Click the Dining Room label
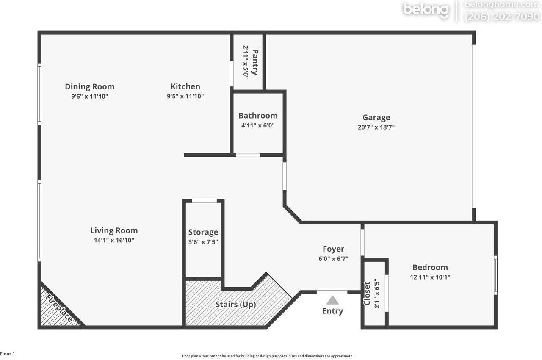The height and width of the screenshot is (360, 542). (89, 86)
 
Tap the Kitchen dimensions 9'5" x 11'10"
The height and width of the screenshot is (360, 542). (185, 96)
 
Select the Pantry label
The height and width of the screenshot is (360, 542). (255, 62)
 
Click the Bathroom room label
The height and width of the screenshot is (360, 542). (258, 116)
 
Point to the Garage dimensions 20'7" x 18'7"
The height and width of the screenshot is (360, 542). (376, 127)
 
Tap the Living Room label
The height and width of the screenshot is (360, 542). (114, 230)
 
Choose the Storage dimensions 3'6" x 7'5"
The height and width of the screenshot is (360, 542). (203, 242)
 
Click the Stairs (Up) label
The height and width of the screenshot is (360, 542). (235, 304)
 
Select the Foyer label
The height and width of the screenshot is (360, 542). (333, 249)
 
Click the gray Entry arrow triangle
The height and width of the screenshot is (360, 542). (333, 300)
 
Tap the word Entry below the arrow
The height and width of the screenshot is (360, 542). (332, 311)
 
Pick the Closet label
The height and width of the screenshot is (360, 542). (367, 293)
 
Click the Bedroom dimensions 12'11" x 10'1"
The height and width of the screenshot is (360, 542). (430, 277)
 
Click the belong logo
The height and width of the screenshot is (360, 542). (425, 10)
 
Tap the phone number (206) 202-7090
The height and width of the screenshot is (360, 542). (503, 17)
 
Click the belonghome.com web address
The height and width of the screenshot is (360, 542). (503, 5)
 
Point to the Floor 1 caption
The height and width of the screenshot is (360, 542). (8, 354)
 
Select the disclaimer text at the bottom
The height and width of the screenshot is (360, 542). (267, 356)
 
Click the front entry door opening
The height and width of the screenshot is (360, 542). (332, 292)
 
